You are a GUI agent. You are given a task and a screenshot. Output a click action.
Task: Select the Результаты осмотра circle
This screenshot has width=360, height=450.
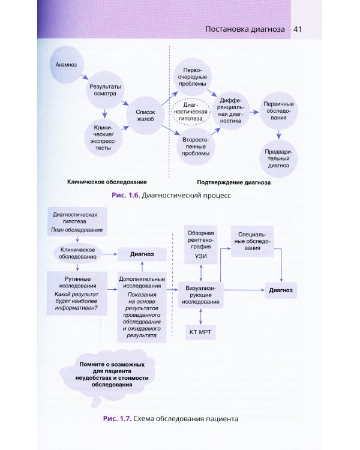[107, 91]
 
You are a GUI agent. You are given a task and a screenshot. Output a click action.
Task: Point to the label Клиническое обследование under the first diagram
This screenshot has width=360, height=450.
[107, 181]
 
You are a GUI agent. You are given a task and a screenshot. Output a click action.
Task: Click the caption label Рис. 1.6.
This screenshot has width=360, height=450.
[125, 196]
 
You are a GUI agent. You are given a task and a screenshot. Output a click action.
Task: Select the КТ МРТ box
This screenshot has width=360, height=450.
[200, 332]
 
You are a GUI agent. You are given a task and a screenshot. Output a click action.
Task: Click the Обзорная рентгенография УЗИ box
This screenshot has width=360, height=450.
[200, 245]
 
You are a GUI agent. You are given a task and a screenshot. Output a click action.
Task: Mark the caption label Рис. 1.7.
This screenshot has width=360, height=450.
[116, 418]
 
